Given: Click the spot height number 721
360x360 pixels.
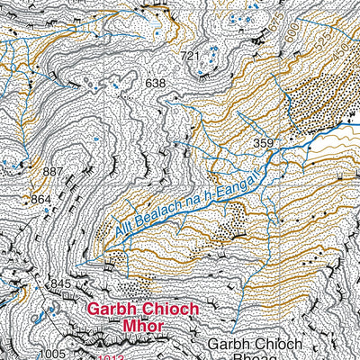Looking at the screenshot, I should tap(189, 57).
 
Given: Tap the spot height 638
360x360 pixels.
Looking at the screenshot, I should tap(157, 84).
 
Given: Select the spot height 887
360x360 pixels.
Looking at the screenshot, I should tap(54, 171).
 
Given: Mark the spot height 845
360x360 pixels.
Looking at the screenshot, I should tap(60, 284).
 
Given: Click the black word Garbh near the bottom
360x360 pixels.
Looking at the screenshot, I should tap(227, 344).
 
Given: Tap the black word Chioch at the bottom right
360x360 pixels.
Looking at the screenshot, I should tap(278, 344).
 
